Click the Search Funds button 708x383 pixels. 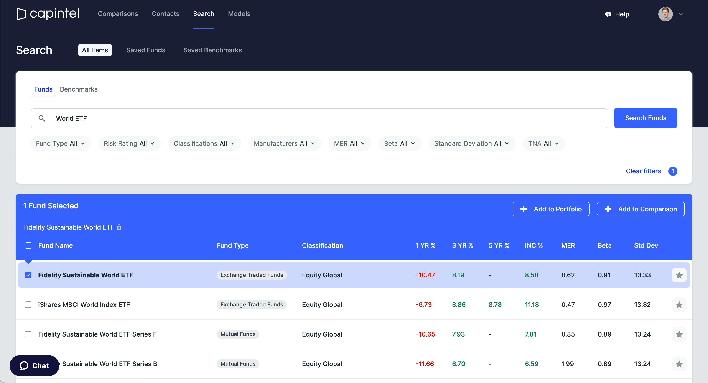[x=645, y=118]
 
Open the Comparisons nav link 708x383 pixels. [x=118, y=14]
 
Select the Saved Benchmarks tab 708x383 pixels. [x=212, y=50]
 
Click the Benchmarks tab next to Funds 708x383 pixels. [x=79, y=89]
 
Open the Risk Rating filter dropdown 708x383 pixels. [x=129, y=143]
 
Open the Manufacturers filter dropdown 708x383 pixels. [x=284, y=143]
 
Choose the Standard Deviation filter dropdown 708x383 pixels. [x=472, y=143]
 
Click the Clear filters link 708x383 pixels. [x=643, y=171]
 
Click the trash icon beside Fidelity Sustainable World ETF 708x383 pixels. [x=119, y=227]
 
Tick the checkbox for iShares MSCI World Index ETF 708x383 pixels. [x=28, y=305]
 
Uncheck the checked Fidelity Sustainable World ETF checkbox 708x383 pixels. [x=28, y=275]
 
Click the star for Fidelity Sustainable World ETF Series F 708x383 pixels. [x=679, y=334]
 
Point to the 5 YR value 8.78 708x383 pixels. [x=495, y=305]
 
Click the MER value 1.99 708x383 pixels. [x=567, y=364]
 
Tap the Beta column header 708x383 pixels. [x=604, y=245]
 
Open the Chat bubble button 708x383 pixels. [x=34, y=366]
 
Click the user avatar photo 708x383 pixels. [x=665, y=14]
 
